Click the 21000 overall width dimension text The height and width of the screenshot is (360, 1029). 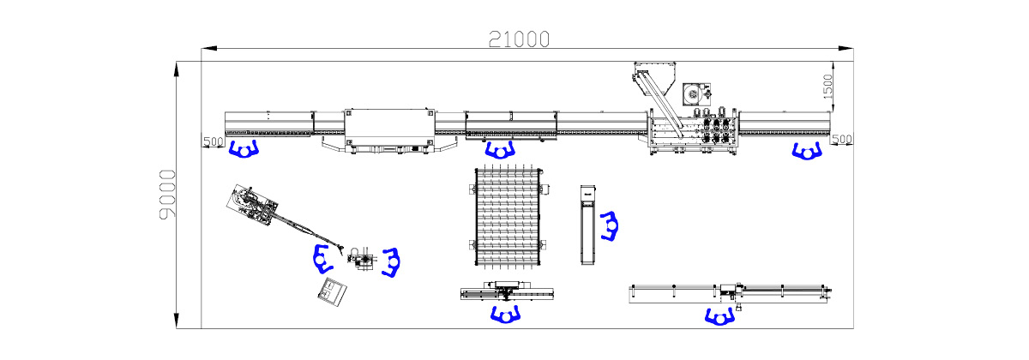(519, 39)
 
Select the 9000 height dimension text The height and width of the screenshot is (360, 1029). (167, 195)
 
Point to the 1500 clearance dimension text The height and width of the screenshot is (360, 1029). (827, 87)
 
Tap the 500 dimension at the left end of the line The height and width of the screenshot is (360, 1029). (214, 141)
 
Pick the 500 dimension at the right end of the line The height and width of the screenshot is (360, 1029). (841, 139)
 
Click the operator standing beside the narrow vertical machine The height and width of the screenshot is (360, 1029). (610, 226)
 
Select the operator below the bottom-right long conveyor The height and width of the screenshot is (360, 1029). (719, 317)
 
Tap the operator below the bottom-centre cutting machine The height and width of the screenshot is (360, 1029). (505, 315)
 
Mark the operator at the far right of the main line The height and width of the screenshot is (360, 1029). (807, 151)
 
